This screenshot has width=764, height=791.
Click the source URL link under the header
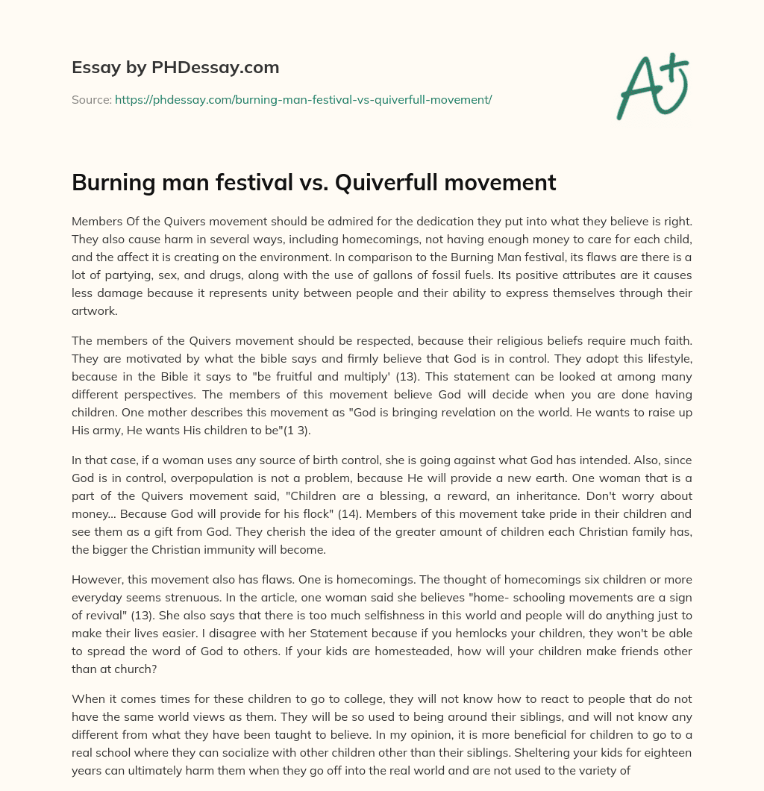coord(303,99)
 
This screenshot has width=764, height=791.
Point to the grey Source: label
coord(91,99)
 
